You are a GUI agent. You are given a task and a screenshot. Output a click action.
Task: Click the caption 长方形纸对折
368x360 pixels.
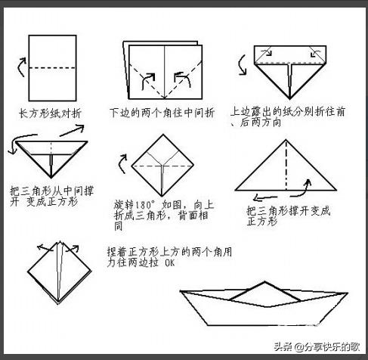coord(50,113)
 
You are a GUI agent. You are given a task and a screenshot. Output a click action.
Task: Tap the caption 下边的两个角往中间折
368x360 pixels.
coord(162,113)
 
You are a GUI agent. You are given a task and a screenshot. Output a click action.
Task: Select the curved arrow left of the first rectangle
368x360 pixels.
coord(21,67)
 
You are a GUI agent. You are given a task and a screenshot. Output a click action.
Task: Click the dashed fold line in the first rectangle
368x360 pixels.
coord(52,68)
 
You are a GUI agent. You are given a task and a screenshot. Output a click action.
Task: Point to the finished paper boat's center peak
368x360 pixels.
coord(264,282)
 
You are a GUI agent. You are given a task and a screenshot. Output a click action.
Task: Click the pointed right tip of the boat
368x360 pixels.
coord(348,293)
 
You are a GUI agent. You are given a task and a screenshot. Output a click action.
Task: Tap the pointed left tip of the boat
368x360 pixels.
coord(181,291)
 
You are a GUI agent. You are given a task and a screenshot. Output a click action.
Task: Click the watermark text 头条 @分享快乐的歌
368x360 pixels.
coord(317,347)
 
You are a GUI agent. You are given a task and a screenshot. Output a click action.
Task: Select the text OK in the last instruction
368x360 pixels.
coord(169,263)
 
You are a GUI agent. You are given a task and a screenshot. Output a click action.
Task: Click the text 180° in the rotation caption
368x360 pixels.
coord(144,205)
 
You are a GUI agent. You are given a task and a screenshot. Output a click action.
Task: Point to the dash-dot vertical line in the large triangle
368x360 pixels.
coord(286,165)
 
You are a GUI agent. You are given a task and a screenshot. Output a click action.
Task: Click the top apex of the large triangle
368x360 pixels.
coord(286,140)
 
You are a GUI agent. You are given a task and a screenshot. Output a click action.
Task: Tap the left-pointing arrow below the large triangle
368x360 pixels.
coord(266,198)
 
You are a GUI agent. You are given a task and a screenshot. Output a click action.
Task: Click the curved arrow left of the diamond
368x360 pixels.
coord(122,164)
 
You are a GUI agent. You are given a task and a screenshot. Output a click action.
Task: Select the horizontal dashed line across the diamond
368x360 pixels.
coord(162,166)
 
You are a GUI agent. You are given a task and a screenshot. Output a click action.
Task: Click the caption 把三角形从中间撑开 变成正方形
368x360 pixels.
coord(51,196)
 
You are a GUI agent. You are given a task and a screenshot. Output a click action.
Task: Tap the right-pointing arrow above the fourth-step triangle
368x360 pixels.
coord(72,130)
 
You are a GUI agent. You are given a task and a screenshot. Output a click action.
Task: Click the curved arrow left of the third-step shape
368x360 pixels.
coord(243,65)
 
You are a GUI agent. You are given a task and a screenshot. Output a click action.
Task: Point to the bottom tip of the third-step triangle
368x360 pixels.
coord(289,98)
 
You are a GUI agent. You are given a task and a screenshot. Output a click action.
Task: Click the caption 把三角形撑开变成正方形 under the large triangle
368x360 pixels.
coord(288,216)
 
